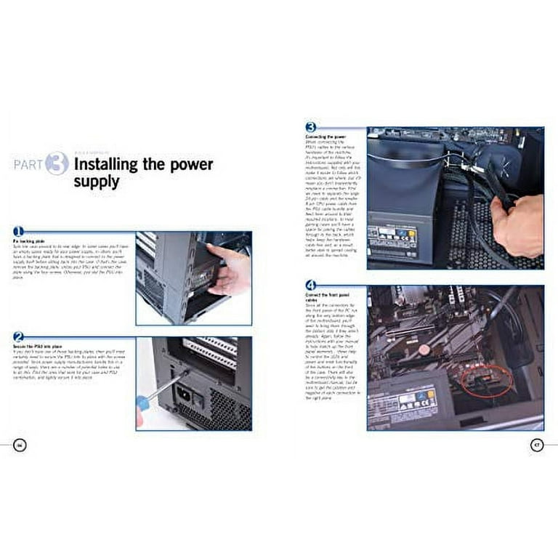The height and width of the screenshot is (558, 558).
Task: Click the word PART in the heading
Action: click(x=28, y=164)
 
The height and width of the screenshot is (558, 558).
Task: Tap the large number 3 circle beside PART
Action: click(x=57, y=163)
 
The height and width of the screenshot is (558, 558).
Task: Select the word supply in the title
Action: click(x=96, y=181)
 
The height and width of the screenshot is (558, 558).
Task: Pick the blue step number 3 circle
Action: click(x=310, y=126)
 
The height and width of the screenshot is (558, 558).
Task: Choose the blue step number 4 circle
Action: click(x=310, y=285)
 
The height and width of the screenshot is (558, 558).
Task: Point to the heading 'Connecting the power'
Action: click(x=326, y=136)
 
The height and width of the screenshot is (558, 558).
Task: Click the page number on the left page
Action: click(x=20, y=445)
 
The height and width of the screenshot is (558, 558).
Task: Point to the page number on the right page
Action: click(x=537, y=445)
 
